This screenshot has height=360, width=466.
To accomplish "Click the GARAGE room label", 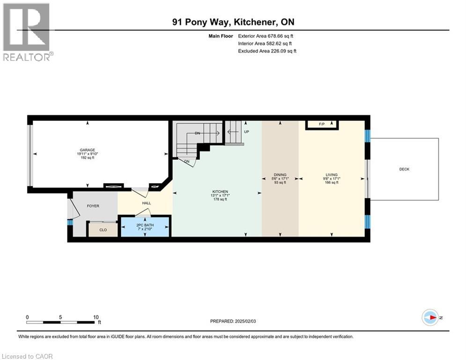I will click(87, 150).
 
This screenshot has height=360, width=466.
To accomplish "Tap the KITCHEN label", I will click(220, 192).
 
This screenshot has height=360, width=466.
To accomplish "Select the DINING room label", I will click(280, 175).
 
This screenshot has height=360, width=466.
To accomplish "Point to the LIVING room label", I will click(332, 175).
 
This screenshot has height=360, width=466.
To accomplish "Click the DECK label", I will click(404, 169).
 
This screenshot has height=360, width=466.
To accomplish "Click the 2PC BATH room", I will click(145, 227).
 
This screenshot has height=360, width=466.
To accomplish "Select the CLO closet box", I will click(103, 230).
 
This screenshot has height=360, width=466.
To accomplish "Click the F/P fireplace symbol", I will click(322, 124).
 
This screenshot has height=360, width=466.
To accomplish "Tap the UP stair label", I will click(246, 132).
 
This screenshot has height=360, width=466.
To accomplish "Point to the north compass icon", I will click(429, 317).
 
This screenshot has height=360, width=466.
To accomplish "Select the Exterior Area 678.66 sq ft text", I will click(266, 36).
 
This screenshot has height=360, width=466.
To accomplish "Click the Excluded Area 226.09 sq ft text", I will click(267, 51).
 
